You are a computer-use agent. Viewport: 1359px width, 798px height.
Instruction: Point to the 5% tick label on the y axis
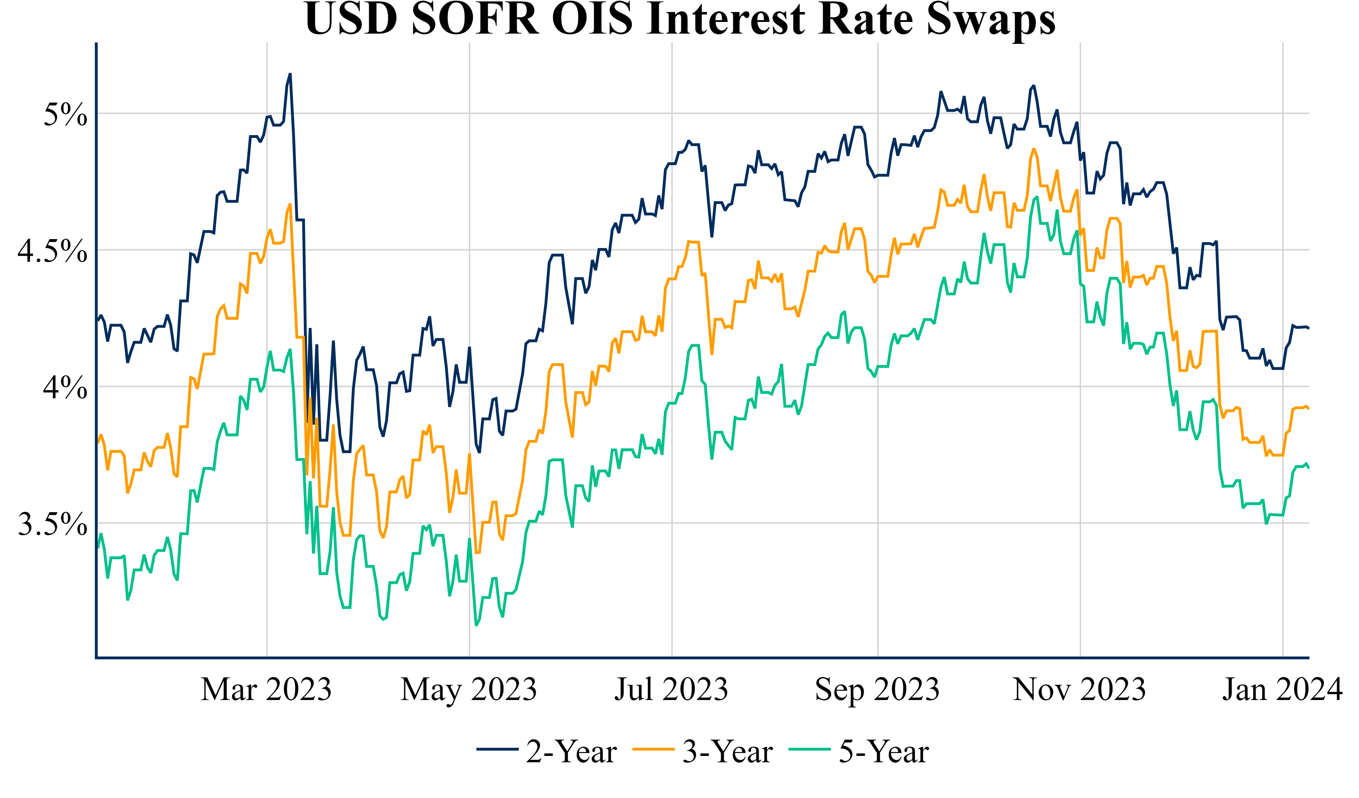65,114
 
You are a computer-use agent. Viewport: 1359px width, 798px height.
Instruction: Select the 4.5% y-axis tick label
52,251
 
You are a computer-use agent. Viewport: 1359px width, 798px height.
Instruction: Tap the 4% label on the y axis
65,387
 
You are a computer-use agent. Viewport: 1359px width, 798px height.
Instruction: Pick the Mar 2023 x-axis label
266,690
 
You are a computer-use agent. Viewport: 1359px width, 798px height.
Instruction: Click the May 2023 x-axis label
469,690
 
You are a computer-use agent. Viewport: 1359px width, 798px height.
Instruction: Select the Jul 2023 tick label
671,690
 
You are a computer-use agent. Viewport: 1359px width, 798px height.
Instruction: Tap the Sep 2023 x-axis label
877,690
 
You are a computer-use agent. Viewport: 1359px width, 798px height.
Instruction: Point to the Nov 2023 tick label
1080,690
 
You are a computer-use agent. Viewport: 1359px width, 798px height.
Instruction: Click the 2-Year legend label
571,752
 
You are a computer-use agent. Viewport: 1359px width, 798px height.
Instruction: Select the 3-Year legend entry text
728,752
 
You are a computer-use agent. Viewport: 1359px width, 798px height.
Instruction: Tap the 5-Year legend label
884,752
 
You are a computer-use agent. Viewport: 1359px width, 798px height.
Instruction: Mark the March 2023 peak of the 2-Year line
290,74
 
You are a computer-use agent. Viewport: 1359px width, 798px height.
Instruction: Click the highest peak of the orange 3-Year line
1033,149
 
